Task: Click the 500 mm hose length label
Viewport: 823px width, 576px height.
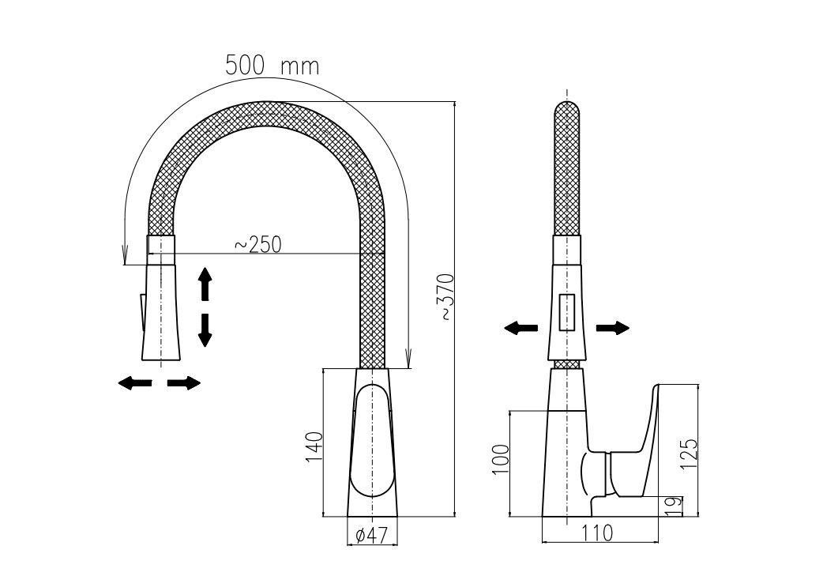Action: (x=272, y=66)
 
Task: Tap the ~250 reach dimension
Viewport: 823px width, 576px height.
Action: (x=257, y=245)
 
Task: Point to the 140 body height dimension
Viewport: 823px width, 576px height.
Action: (x=314, y=447)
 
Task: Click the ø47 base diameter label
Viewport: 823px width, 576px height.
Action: (x=371, y=535)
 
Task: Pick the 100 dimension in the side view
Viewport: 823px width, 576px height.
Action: (x=502, y=459)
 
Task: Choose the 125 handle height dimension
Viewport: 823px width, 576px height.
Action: (x=689, y=454)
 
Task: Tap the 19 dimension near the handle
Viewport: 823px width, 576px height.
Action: (x=675, y=505)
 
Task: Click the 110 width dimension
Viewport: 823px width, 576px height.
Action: (x=597, y=533)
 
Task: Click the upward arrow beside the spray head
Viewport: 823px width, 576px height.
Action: (x=205, y=284)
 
